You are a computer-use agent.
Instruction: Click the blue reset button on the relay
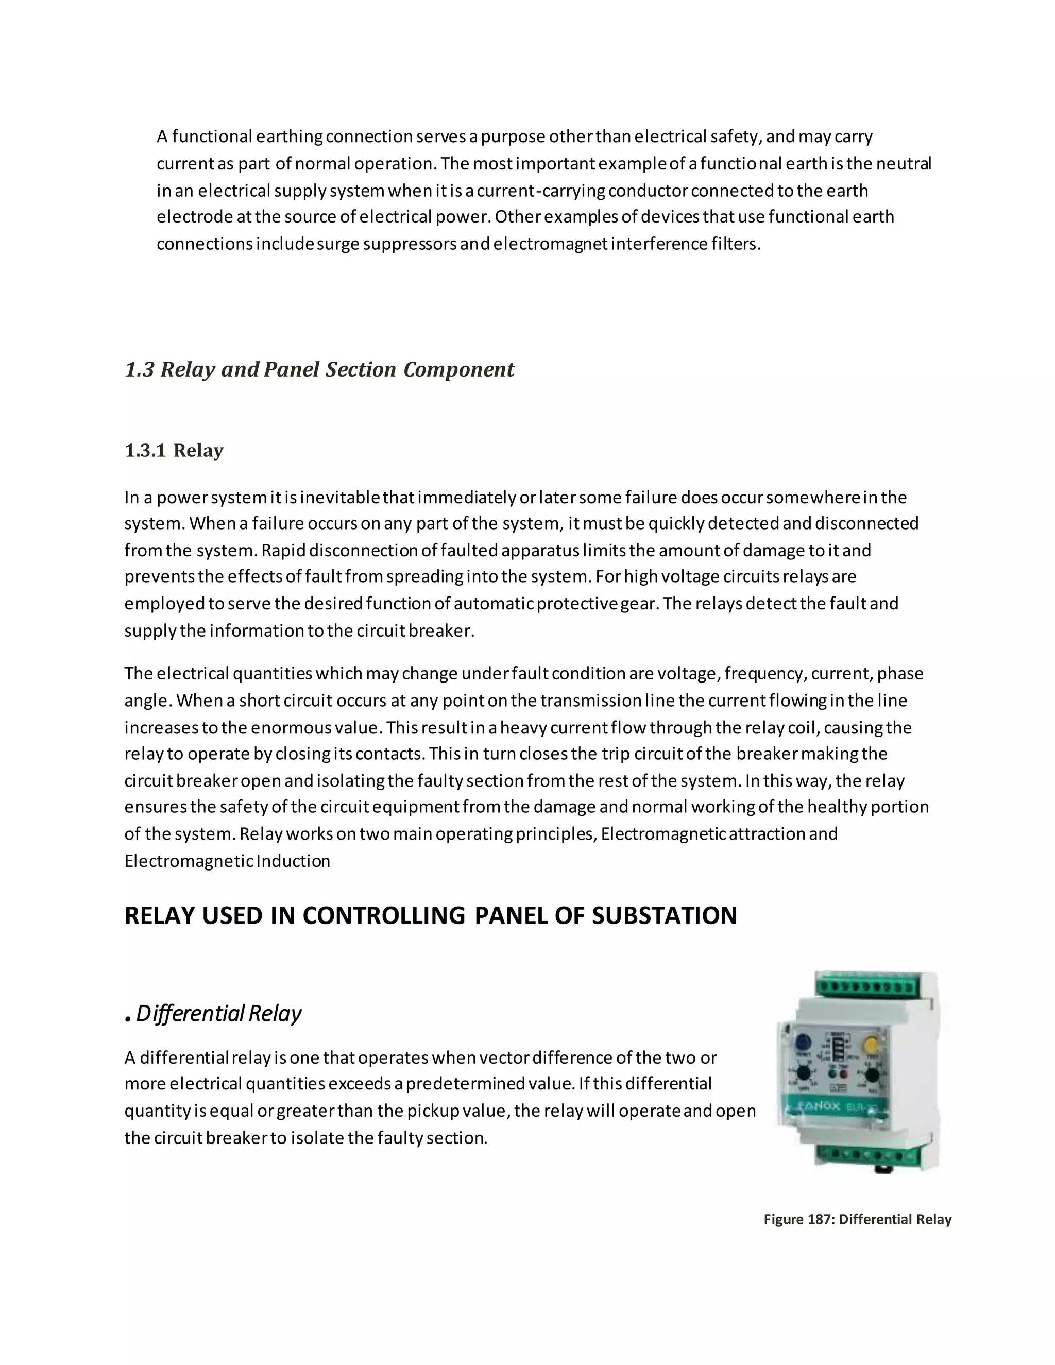(x=803, y=1043)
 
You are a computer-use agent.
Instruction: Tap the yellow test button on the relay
(x=871, y=1043)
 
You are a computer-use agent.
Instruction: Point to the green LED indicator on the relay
(x=832, y=1074)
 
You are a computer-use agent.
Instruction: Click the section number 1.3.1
(x=145, y=451)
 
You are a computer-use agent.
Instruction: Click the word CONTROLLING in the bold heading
(x=384, y=916)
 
